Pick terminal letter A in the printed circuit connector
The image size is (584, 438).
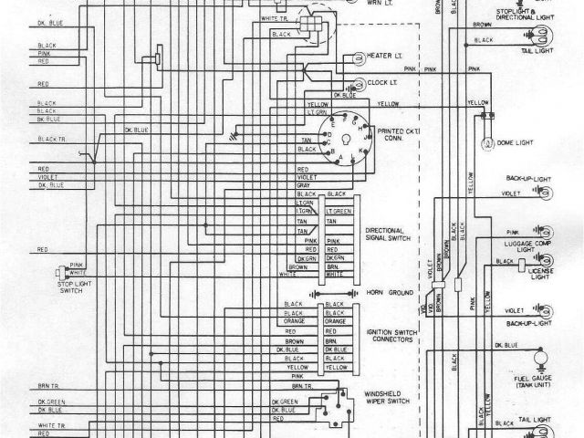[x=344, y=156]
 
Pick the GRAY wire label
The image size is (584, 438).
[x=304, y=185]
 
